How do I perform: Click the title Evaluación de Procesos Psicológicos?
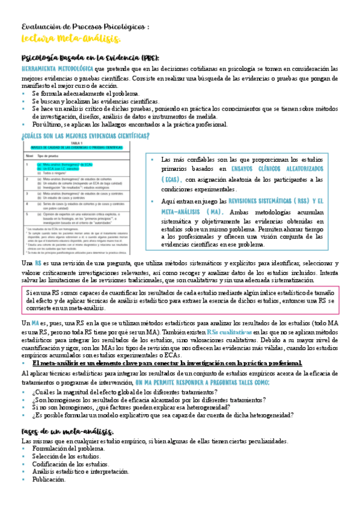[85, 26]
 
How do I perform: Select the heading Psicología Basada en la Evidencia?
[90, 58]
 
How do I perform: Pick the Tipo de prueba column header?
[50, 155]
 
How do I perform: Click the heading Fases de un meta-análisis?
[67, 415]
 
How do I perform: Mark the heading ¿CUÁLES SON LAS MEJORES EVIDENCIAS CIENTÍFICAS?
[85, 136]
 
